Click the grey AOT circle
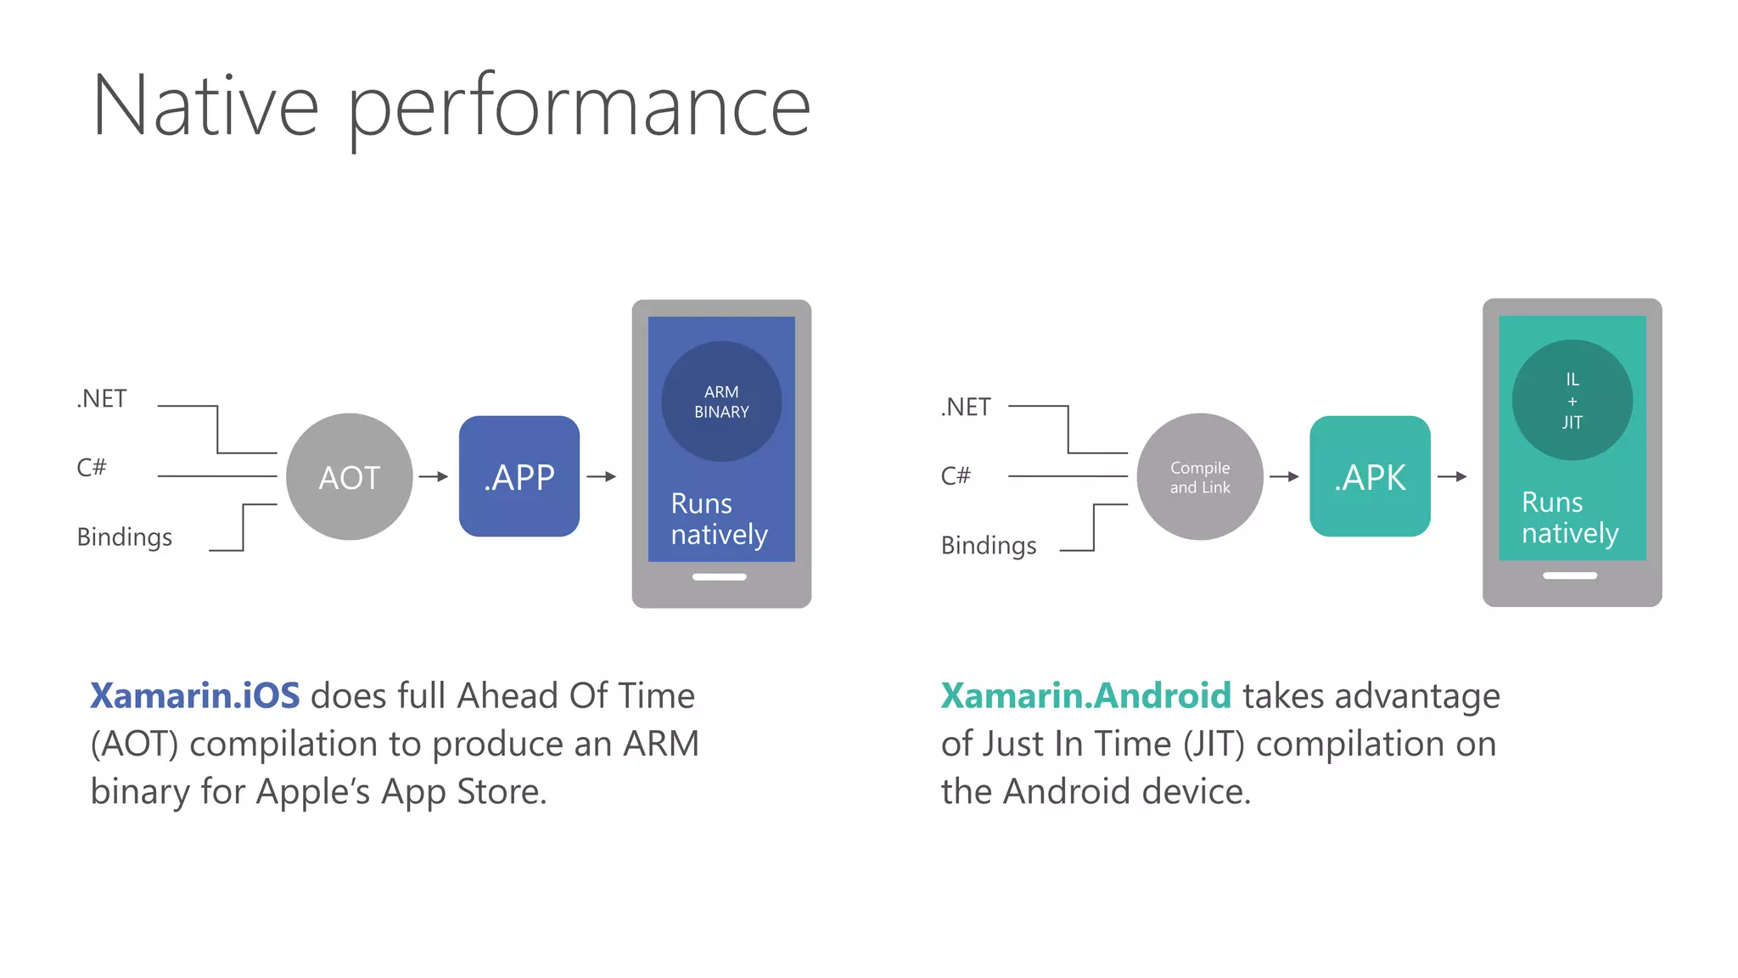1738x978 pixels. (x=349, y=476)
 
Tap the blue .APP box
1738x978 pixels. (x=519, y=476)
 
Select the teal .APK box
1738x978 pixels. (x=1370, y=476)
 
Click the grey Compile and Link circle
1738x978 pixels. (x=1199, y=476)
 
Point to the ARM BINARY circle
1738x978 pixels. (x=721, y=402)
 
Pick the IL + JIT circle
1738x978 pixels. (x=1572, y=400)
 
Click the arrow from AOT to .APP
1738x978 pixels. (x=434, y=476)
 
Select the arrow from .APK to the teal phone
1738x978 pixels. (x=1452, y=476)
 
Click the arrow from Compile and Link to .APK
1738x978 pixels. (x=1284, y=476)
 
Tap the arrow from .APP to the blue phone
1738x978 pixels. (x=602, y=476)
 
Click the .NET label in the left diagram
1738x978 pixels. (x=102, y=398)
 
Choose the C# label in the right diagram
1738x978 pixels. (x=956, y=475)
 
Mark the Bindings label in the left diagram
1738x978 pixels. (x=124, y=537)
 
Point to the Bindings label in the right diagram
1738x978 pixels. (x=989, y=546)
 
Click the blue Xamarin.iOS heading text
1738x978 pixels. (x=194, y=695)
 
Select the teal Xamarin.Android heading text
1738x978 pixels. (x=1085, y=695)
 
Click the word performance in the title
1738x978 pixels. (x=579, y=108)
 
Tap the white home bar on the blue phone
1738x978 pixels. (x=720, y=577)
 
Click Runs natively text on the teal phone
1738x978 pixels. (x=1569, y=517)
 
